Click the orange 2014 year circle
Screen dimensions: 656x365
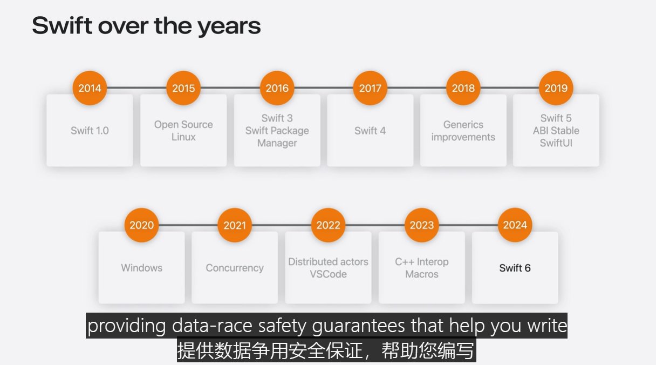pos(90,88)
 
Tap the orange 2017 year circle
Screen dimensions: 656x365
pos(370,88)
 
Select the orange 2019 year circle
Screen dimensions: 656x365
pos(556,88)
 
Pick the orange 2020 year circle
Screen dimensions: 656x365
pos(141,225)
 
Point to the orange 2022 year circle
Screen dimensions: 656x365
pos(328,225)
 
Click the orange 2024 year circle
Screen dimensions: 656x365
pos(515,225)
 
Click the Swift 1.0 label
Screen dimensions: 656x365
pos(90,131)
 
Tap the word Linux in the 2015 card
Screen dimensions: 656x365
pos(183,137)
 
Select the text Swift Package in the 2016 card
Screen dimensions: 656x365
pos(277,131)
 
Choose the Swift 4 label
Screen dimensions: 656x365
pos(370,131)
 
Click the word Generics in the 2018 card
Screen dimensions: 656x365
pos(463,125)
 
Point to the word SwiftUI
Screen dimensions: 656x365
pos(556,143)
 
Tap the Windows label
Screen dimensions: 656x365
pos(141,268)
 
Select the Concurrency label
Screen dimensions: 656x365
pos(235,268)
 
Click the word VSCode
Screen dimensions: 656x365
pos(328,274)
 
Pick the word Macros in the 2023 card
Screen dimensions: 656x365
pos(422,274)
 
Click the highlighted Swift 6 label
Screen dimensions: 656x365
pos(515,268)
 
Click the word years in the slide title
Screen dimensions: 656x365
pos(229,26)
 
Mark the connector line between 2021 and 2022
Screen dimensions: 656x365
pos(282,225)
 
